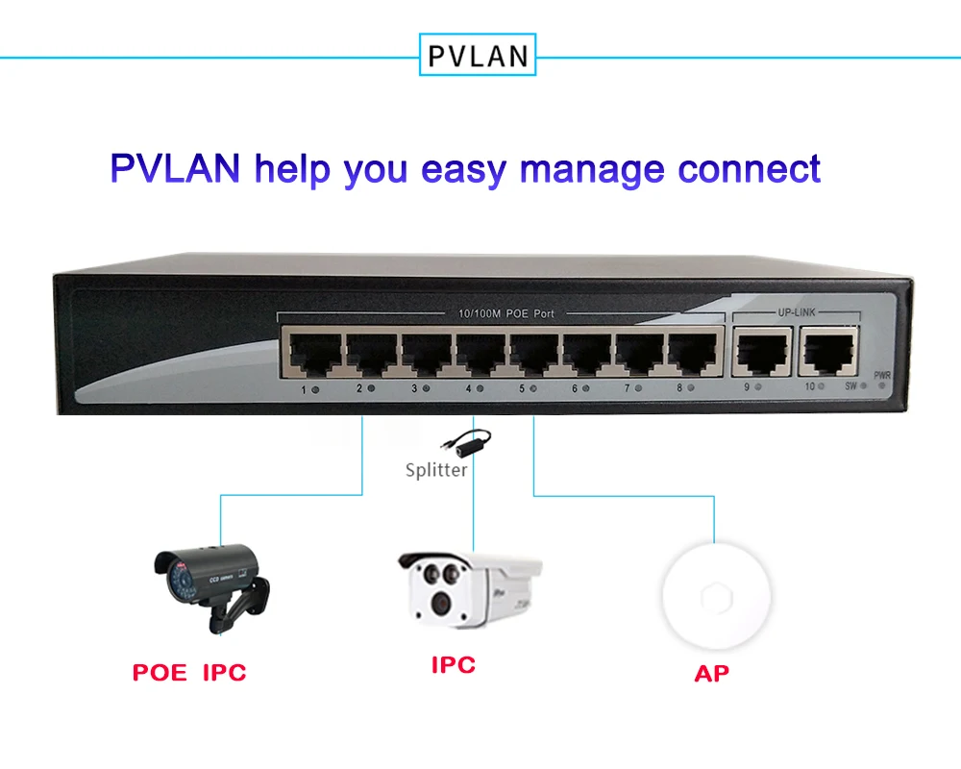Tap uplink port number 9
[x=762, y=353]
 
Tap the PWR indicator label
[x=882, y=374]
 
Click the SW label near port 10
[x=850, y=386]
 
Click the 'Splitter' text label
[x=436, y=470]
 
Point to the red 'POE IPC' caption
[x=189, y=672]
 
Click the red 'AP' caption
[x=711, y=673]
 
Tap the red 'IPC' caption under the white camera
[x=453, y=664]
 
